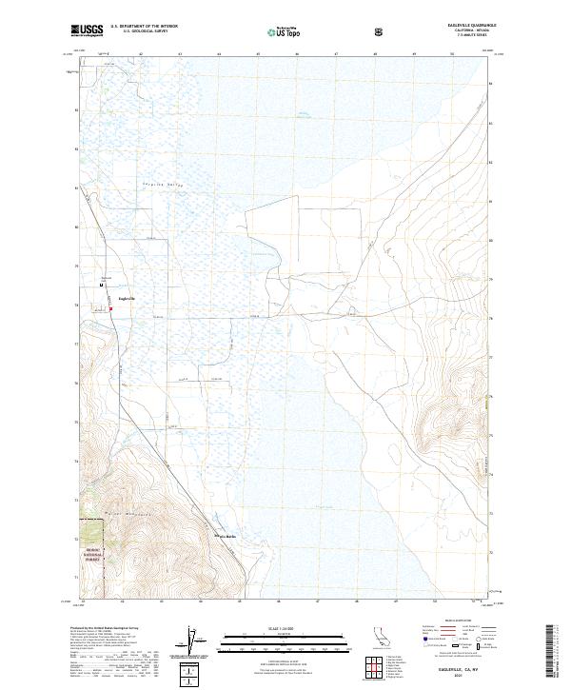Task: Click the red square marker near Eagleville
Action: click(110, 307)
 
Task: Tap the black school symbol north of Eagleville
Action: click(102, 285)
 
